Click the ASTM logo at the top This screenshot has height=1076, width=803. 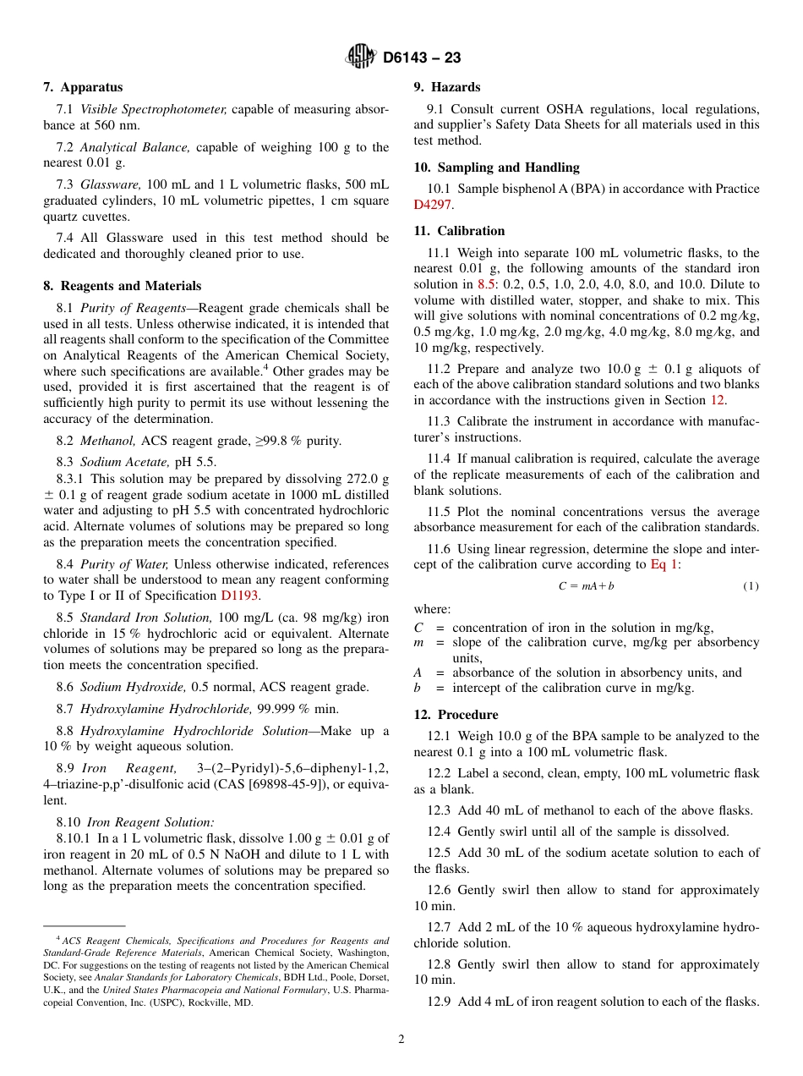[361, 58]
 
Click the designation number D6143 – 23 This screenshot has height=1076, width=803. [422, 58]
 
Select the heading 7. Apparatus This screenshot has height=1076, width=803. [83, 87]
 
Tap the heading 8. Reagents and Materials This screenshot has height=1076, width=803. [123, 286]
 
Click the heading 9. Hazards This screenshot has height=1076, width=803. [446, 87]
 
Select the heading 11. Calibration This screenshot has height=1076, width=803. [459, 231]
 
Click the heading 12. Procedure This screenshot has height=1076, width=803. [456, 715]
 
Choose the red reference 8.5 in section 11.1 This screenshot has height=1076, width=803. [486, 284]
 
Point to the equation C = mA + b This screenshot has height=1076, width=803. [586, 586]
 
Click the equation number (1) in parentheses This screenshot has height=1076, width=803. [751, 586]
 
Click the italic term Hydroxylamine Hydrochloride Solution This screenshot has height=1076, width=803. [194, 731]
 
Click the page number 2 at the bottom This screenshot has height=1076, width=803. [401, 1040]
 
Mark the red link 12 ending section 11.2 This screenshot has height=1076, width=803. [717, 400]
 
